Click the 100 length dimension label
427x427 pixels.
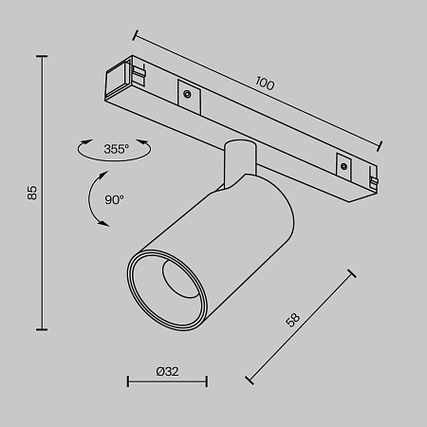click(x=265, y=84)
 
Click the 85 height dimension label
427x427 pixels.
click(x=31, y=193)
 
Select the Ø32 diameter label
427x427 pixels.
click(x=168, y=371)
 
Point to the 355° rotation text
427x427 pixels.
click(x=116, y=150)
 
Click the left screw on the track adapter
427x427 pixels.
click(x=187, y=93)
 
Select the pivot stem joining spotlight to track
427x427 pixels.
click(x=238, y=161)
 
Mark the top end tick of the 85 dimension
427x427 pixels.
click(x=42, y=56)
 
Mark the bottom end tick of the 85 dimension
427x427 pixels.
click(x=42, y=328)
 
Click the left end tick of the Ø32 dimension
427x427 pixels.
click(x=128, y=383)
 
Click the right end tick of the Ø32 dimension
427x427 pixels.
click(x=207, y=383)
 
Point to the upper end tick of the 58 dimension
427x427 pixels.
click(x=353, y=273)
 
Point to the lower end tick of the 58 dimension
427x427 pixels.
click(x=250, y=380)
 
